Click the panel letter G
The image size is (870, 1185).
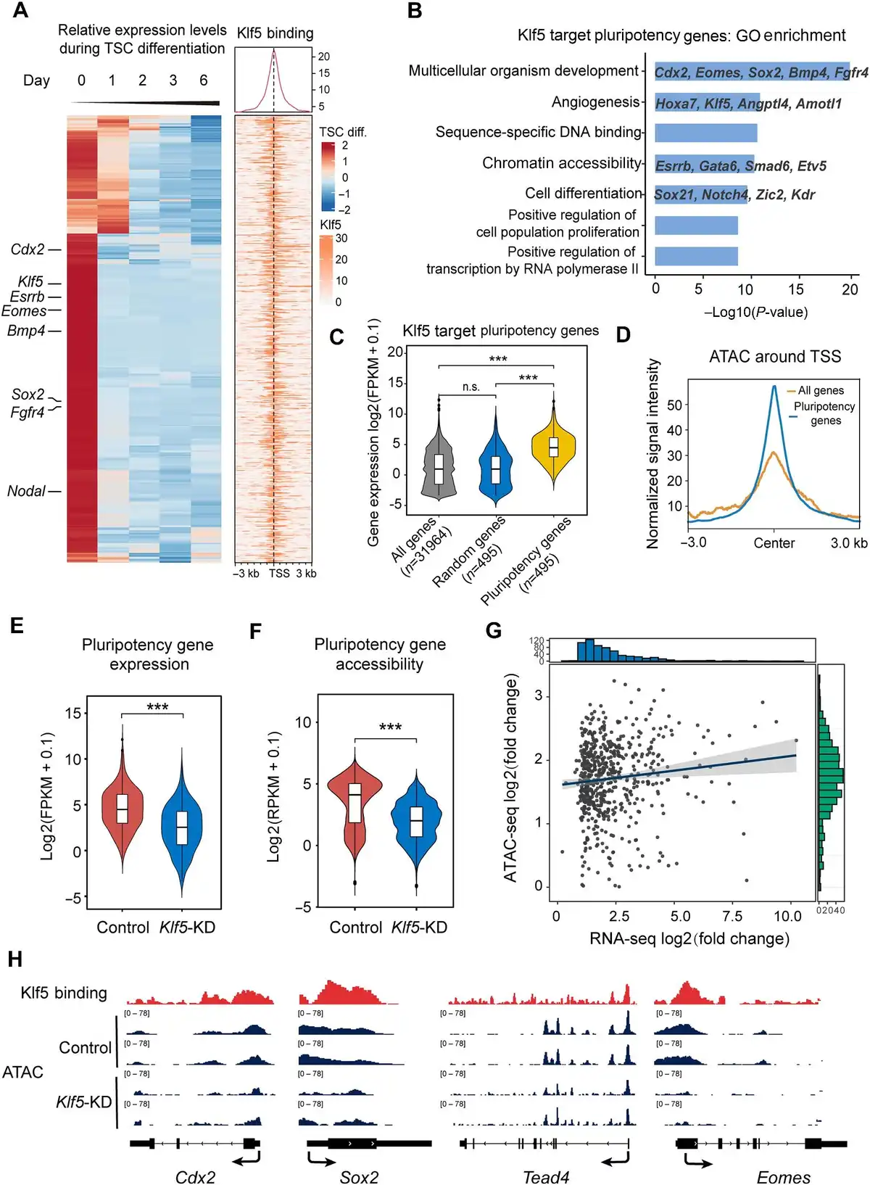(x=494, y=630)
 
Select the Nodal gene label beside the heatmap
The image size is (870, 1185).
(x=27, y=491)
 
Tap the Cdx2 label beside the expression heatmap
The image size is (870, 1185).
(x=28, y=249)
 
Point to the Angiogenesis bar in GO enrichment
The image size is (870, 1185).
(x=707, y=103)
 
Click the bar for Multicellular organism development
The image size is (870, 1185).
(x=752, y=72)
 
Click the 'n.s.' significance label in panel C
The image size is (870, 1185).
(x=471, y=387)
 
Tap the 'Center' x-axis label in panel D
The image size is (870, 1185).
(x=774, y=543)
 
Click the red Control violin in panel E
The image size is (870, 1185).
(x=123, y=806)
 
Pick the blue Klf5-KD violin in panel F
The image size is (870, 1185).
(x=416, y=822)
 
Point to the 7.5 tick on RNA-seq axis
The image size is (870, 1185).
(x=732, y=916)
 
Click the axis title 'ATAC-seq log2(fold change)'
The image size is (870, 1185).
(x=511, y=778)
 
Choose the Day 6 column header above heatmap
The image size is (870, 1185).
(x=204, y=80)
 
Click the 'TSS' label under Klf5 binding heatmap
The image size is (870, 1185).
(x=279, y=574)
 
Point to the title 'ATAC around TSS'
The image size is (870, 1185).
(x=774, y=357)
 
